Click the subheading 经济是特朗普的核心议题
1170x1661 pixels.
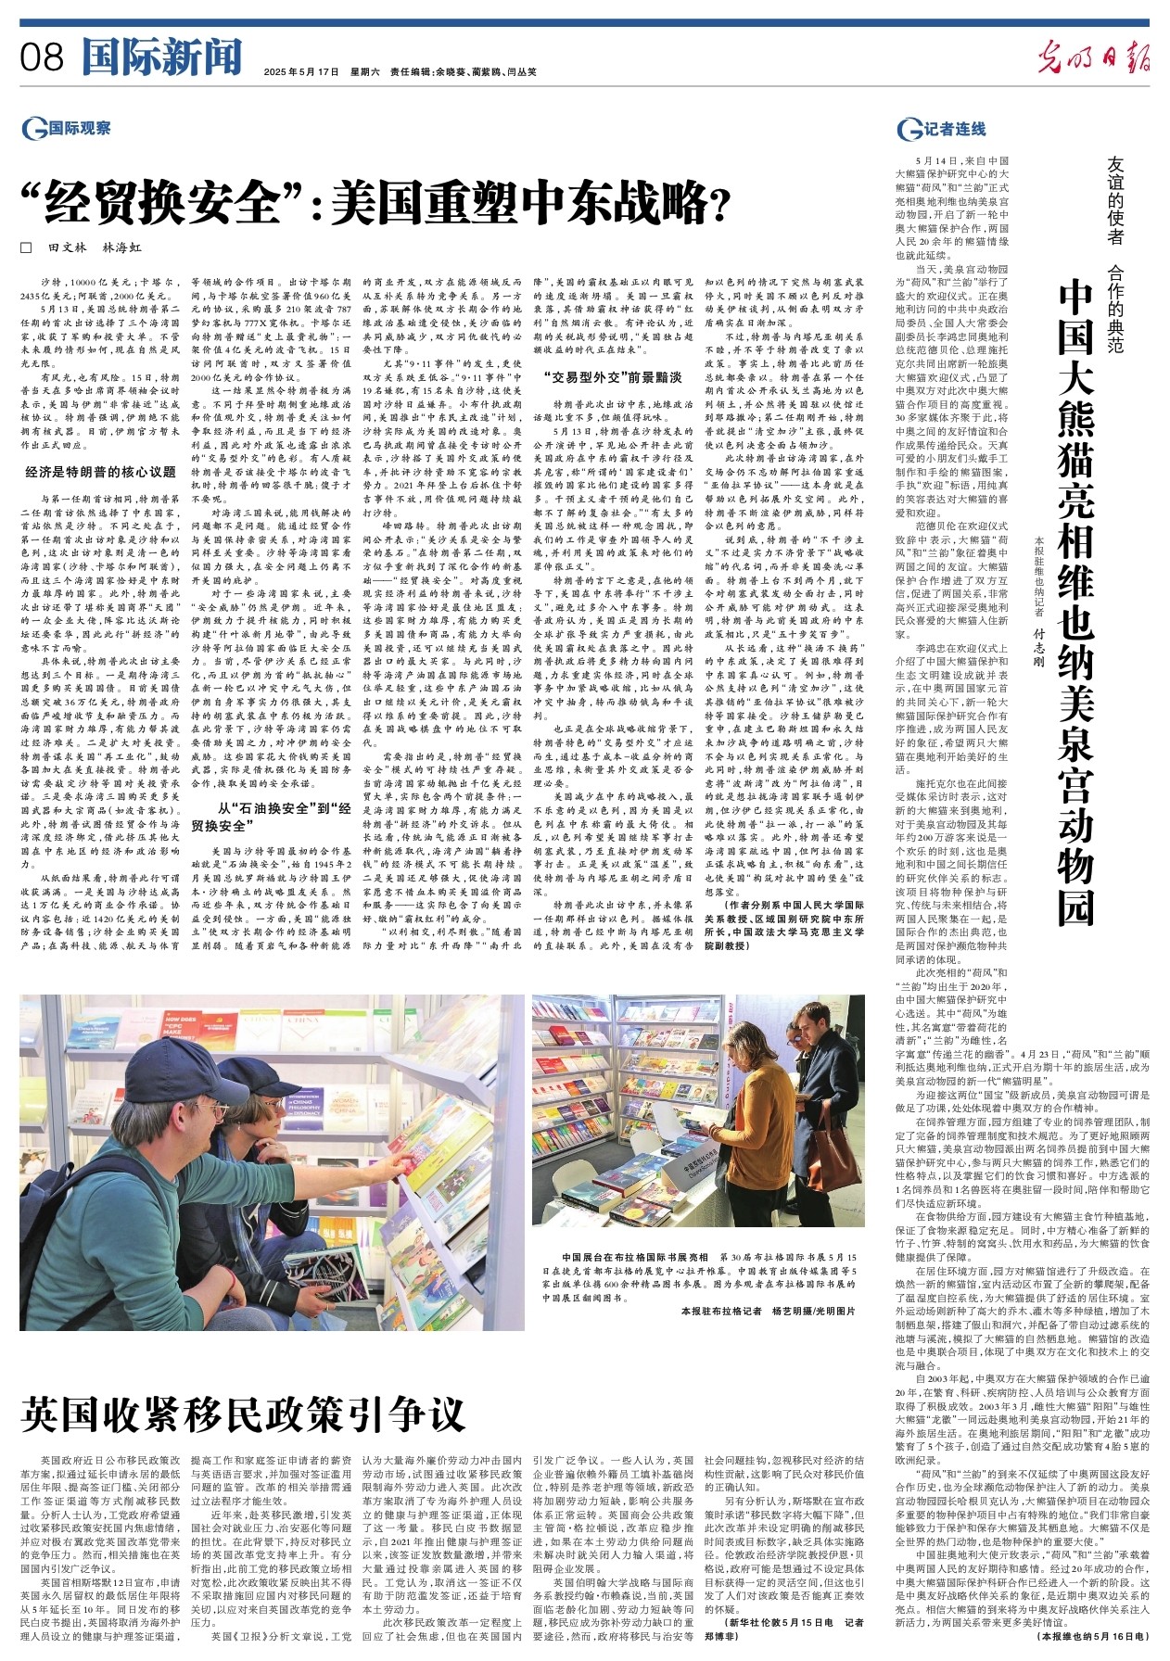click(100, 472)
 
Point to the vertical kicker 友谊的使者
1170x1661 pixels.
click(1116, 200)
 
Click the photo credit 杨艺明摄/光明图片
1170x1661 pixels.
click(814, 1312)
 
